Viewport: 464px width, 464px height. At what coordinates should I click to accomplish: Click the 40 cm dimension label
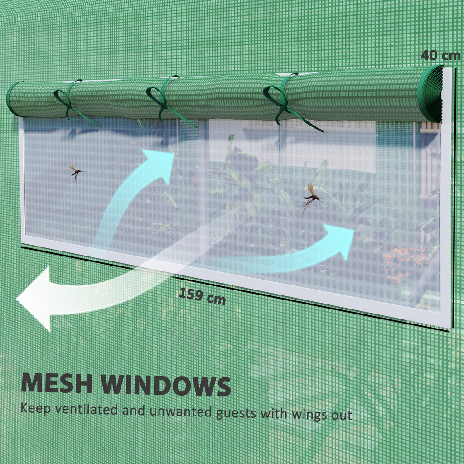pyautogui.click(x=440, y=55)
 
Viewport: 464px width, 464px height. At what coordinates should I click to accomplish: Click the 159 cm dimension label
pyautogui.click(x=202, y=295)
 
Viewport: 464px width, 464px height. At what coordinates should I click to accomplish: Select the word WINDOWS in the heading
pyautogui.click(x=166, y=385)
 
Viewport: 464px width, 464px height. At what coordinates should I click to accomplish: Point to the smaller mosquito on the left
pyautogui.click(x=76, y=173)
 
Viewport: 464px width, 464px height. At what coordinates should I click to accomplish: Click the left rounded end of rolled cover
pyautogui.click(x=13, y=98)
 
